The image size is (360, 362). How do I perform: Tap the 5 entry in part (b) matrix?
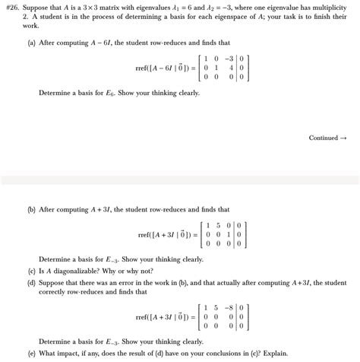218,225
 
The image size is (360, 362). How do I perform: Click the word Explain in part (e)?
275,353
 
